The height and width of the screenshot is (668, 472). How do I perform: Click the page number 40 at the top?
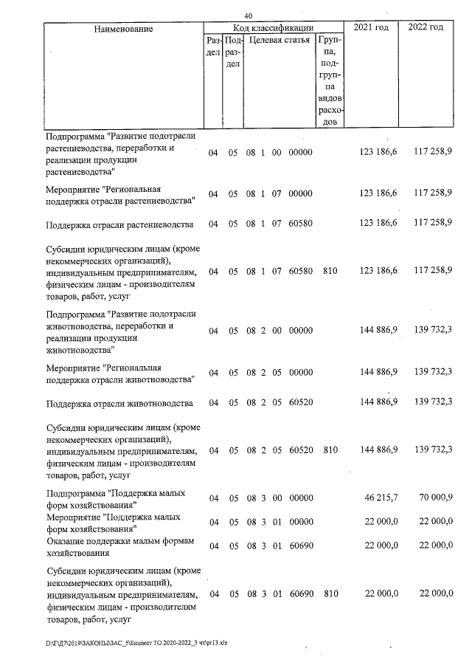click(248, 16)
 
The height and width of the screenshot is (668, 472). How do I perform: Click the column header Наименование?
click(123, 28)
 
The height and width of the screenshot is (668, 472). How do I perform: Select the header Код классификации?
click(274, 27)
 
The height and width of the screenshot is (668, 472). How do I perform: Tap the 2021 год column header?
click(372, 27)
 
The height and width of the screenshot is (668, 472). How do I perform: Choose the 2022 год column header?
click(426, 27)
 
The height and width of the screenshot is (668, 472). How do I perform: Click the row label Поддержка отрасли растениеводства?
click(119, 224)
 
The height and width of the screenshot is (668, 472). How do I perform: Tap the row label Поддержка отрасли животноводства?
click(119, 403)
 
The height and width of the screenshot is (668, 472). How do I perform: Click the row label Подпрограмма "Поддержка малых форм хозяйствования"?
click(115, 499)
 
